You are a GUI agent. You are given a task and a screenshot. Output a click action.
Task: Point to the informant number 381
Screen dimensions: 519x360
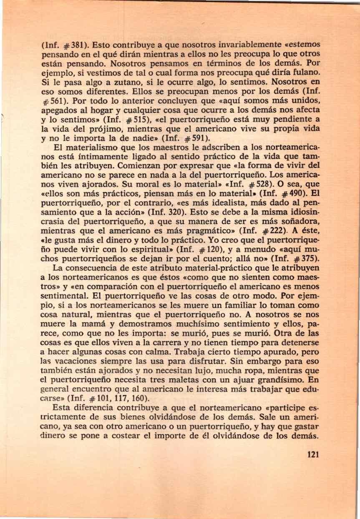click(x=76, y=44)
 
